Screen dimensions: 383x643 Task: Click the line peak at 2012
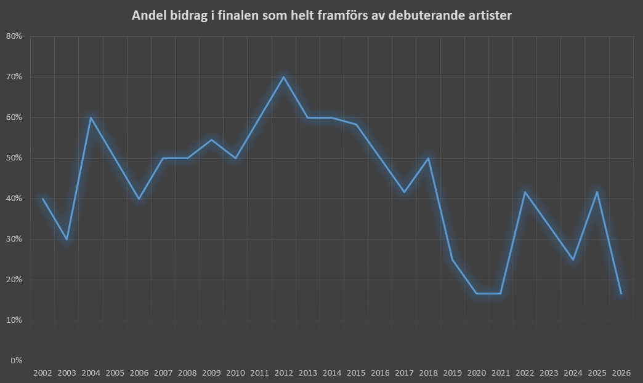pos(284,77)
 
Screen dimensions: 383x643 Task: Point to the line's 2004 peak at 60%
pos(91,117)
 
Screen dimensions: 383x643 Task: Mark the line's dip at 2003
pos(67,239)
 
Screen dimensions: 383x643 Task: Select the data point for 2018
pos(429,158)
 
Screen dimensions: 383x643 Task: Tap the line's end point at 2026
pos(621,293)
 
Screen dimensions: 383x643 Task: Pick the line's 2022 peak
pos(525,192)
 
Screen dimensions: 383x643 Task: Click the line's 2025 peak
pos(597,192)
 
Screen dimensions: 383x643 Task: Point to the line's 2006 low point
pos(139,199)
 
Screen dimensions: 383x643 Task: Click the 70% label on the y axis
pos(14,77)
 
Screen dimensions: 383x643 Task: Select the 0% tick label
pos(17,361)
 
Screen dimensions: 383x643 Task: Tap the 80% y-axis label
pos(14,36)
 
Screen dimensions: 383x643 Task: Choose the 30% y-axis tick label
pos(14,239)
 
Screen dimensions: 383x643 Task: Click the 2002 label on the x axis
pos(42,373)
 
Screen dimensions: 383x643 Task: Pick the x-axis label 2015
pos(356,373)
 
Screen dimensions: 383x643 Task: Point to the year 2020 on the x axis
pos(477,373)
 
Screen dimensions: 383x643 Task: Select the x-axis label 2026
pos(621,373)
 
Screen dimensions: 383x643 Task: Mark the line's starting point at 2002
pos(42,199)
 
